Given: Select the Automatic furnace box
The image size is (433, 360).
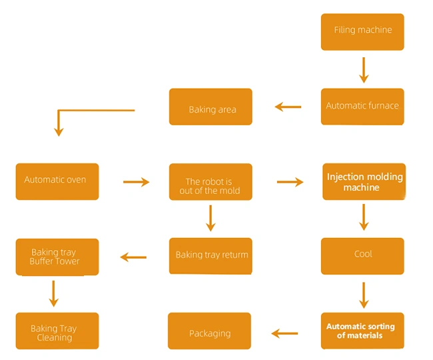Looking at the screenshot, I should point(362,107).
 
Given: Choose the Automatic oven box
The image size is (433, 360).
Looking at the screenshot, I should point(57,181).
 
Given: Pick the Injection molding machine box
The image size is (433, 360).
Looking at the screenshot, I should point(364,182).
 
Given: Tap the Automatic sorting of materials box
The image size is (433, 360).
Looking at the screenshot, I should point(362,331).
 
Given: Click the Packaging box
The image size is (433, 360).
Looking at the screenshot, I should point(209,331).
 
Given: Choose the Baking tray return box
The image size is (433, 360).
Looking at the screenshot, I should point(211,256).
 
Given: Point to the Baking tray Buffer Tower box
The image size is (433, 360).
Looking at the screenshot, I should point(57,257).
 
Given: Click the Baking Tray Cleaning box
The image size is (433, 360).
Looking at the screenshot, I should point(57,331).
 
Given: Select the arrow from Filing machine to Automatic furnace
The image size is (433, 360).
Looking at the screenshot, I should point(364,69).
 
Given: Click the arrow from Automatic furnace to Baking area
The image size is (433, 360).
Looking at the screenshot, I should point(288,107).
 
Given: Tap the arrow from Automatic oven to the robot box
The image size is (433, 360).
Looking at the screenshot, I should point(136,181).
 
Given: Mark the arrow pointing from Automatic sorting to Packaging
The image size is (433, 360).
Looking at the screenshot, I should point(284,333).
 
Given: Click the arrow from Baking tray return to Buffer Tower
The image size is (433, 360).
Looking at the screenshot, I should point(133,257).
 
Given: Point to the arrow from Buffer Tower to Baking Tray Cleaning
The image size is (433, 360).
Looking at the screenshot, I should point(55,293).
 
